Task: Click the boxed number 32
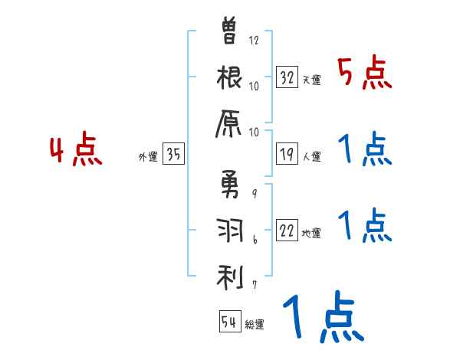click(x=287, y=77)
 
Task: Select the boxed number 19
click(x=287, y=154)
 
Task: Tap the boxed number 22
click(x=287, y=231)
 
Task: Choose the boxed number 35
click(x=173, y=154)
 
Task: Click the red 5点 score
click(x=364, y=74)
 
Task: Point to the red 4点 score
click(x=76, y=150)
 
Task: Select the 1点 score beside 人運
click(x=365, y=150)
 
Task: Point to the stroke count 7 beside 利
click(x=254, y=285)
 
